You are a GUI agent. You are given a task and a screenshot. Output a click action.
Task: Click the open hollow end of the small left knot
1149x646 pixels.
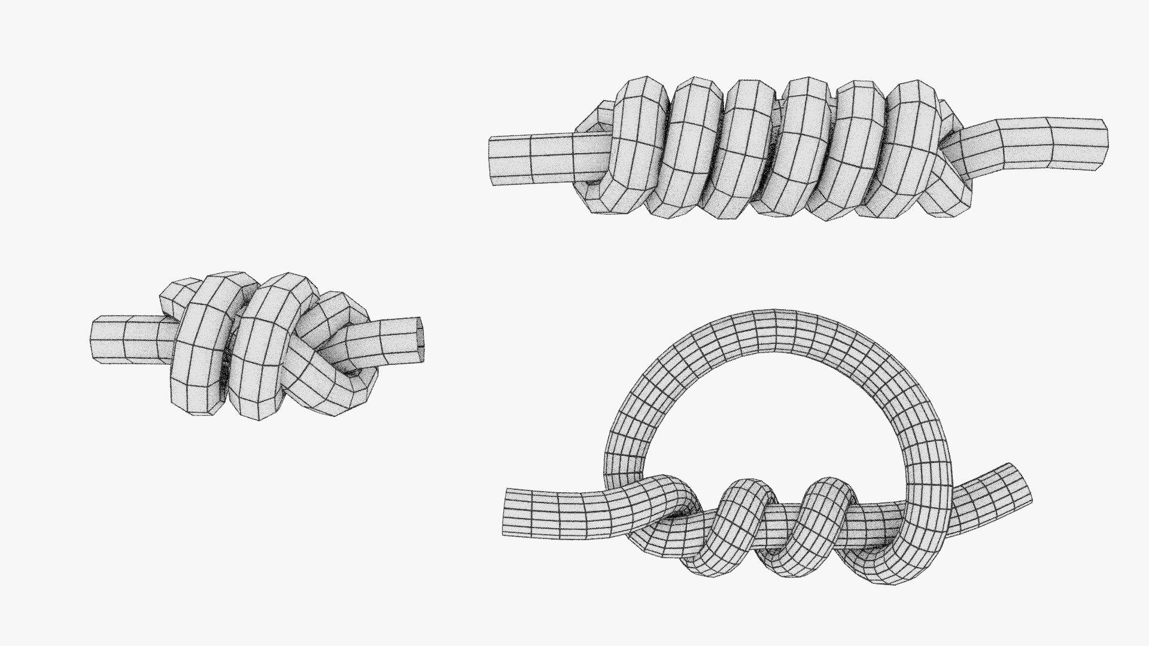click(x=422, y=334)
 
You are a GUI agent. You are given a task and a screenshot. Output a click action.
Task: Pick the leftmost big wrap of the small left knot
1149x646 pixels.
click(x=200, y=347)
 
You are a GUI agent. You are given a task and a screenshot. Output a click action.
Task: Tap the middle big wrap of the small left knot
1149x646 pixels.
click(x=263, y=347)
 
